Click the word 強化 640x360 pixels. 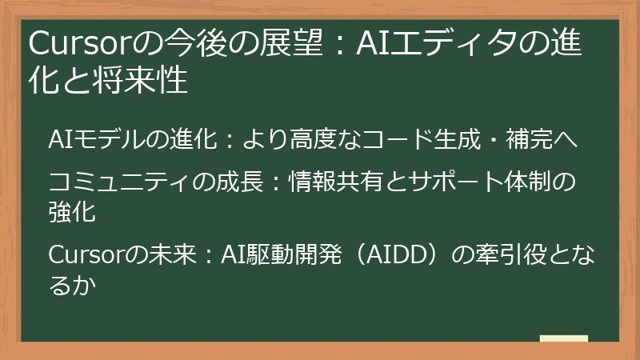point(71,213)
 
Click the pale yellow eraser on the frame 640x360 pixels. point(563,339)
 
